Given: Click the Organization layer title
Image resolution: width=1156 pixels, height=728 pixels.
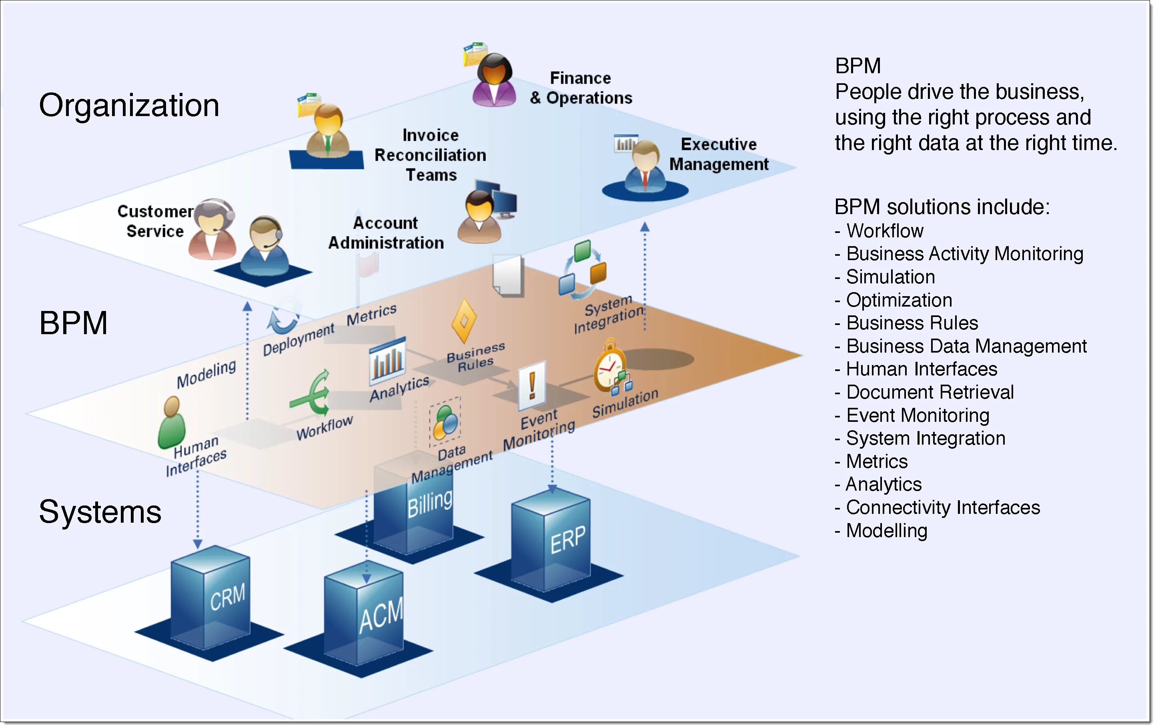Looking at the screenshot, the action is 129,105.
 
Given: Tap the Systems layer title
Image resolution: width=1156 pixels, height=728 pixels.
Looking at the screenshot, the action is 100,512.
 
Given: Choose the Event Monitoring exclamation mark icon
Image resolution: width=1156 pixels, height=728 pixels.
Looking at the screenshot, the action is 532,385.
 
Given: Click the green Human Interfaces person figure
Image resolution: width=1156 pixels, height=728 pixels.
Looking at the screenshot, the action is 171,422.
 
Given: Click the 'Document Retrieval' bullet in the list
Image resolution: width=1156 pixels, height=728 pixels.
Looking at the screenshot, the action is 924,392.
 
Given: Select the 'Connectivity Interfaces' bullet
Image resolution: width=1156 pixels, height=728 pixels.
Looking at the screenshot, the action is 937,507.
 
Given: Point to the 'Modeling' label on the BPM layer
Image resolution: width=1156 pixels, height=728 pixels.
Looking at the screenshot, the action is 206,374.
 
